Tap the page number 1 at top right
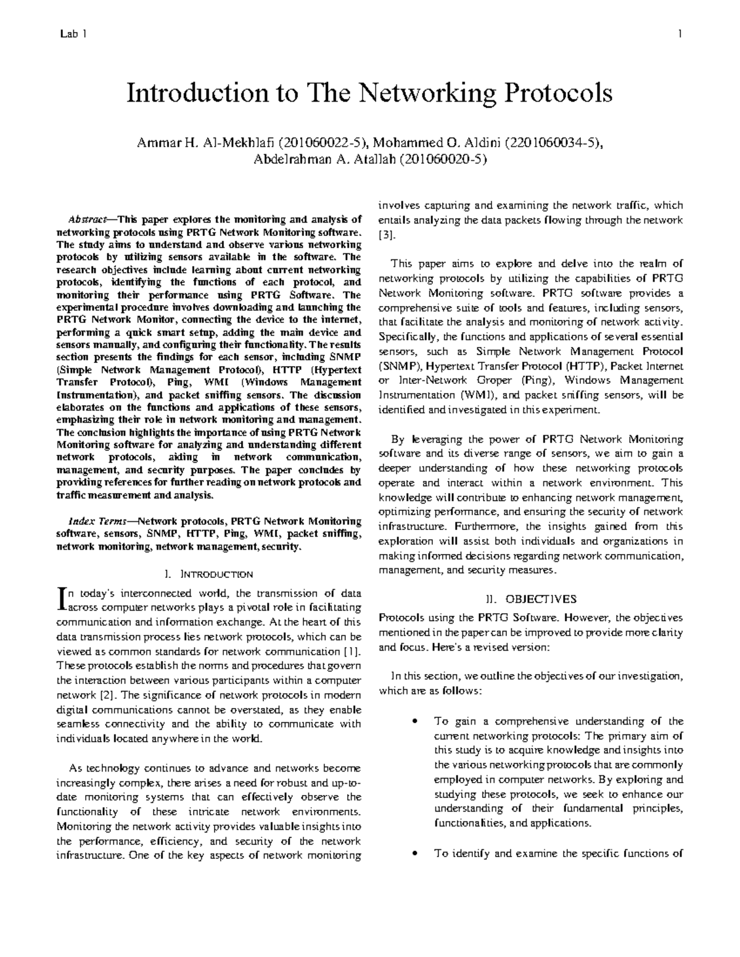(679, 35)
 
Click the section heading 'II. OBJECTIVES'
(531, 598)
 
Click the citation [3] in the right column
(385, 235)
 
